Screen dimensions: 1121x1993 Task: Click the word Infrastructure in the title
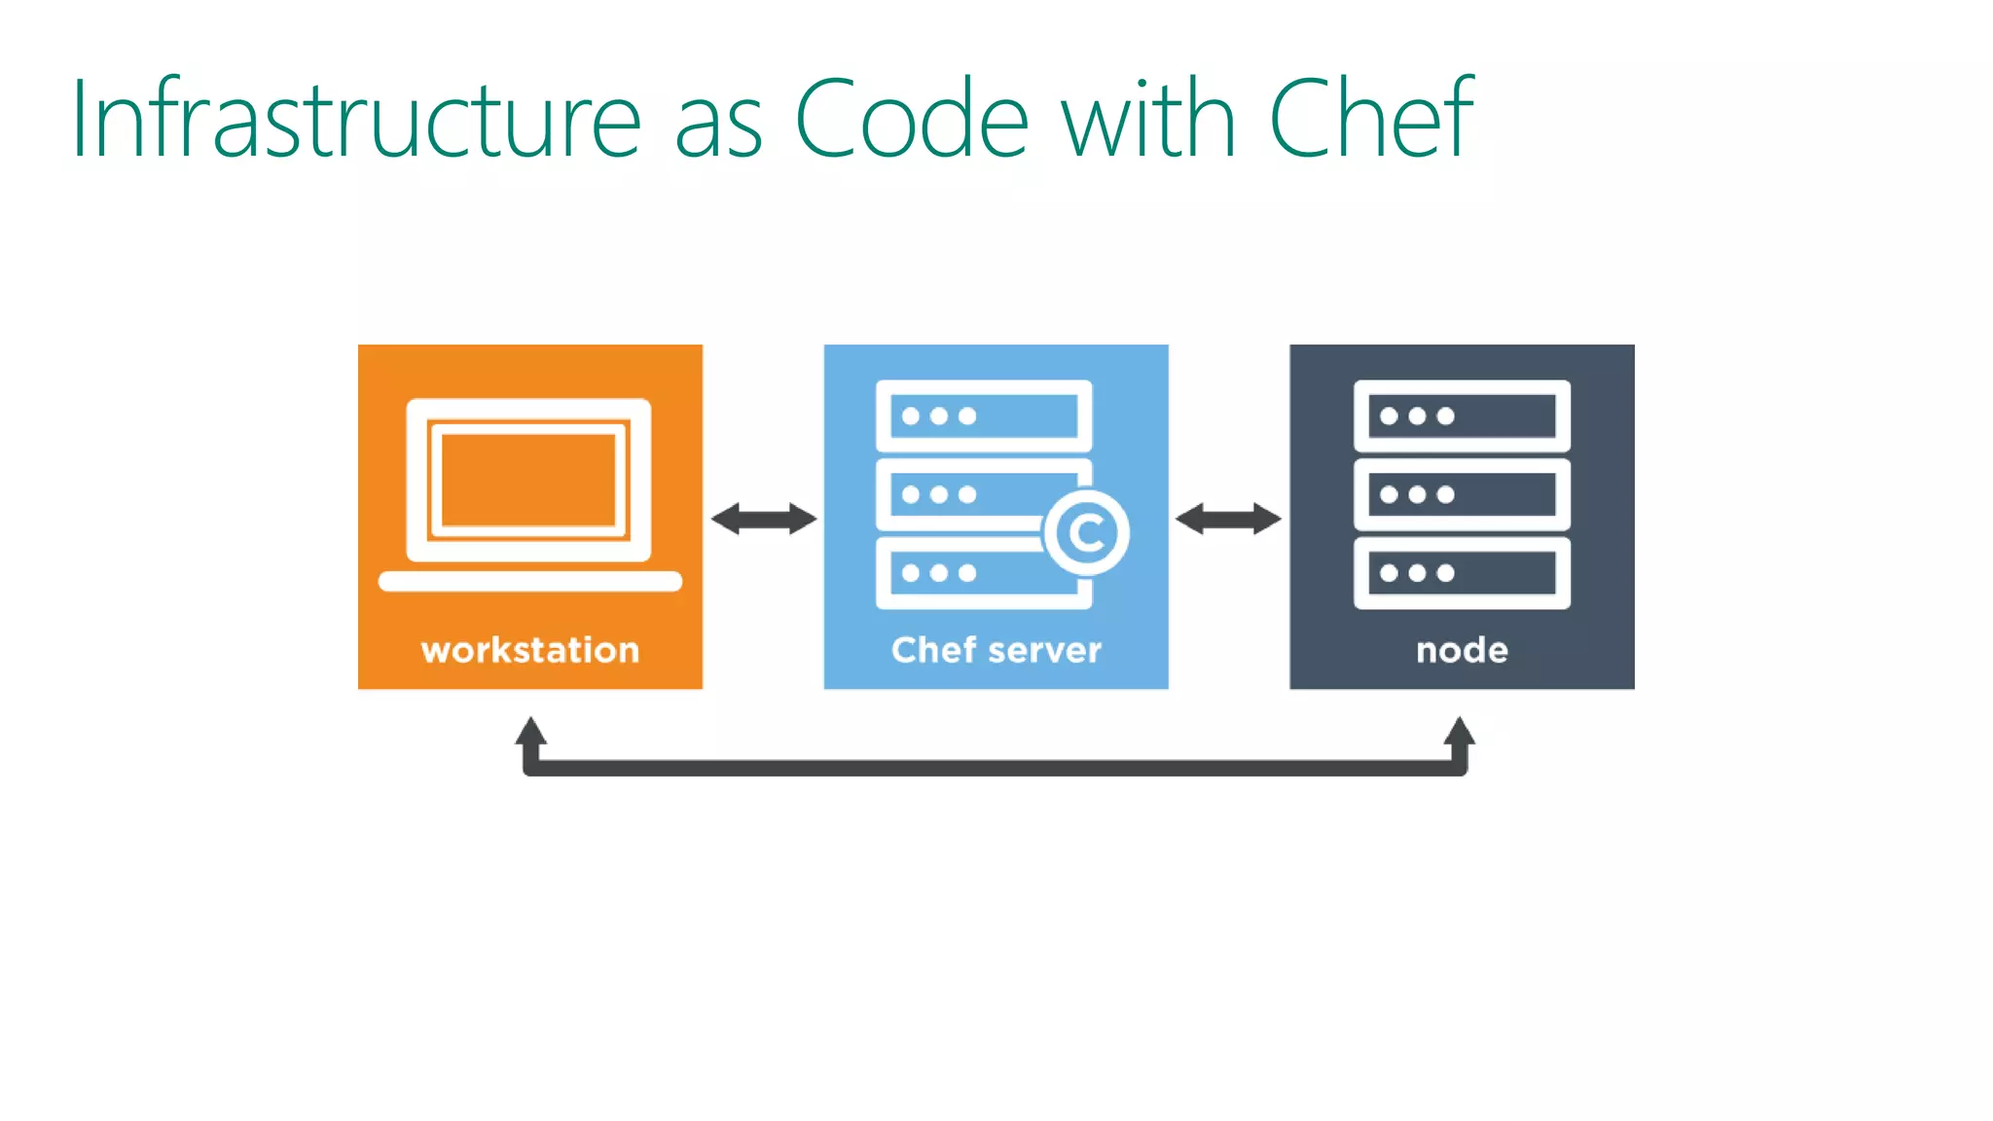coord(356,120)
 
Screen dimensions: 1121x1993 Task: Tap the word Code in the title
coord(912,120)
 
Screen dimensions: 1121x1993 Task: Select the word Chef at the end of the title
coord(1371,118)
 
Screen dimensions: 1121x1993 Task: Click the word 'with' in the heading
coord(1148,120)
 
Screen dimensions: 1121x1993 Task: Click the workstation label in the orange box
coord(530,650)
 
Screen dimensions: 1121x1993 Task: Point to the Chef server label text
coord(996,650)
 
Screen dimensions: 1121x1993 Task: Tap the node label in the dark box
coord(1462,650)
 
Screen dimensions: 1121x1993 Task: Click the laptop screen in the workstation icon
coord(528,480)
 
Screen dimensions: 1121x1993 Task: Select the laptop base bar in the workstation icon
coord(530,582)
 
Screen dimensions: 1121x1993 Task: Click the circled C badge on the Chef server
coord(1086,532)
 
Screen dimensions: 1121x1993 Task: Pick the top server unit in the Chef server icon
coord(983,416)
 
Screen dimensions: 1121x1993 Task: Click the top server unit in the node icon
coord(1462,416)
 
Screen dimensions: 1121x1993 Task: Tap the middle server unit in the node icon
coord(1462,494)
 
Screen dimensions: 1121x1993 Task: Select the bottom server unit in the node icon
coord(1462,573)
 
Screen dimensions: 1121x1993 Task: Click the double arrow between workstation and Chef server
coord(764,519)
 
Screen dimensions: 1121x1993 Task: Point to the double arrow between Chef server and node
coord(1228,519)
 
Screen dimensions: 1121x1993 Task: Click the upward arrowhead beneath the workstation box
coord(530,733)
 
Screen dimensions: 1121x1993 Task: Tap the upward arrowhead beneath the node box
coord(1459,733)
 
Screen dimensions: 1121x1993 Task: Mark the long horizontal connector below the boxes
coord(995,769)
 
